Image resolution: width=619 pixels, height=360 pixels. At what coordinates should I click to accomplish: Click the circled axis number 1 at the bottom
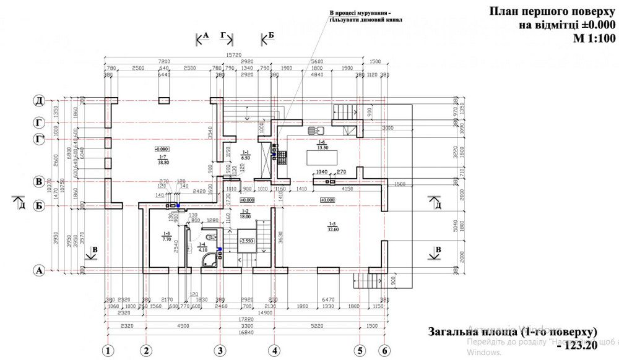(109, 351)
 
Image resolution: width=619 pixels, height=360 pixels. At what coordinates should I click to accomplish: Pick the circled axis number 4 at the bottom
(273, 351)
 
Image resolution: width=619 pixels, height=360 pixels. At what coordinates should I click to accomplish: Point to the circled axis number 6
(384, 351)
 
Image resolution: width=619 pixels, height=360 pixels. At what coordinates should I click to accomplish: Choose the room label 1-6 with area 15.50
(321, 145)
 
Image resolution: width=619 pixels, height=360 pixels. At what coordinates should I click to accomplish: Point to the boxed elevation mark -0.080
(162, 149)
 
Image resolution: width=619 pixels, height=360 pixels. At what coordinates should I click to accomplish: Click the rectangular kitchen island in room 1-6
(319, 158)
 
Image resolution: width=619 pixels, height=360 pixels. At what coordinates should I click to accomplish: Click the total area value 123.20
(579, 345)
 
